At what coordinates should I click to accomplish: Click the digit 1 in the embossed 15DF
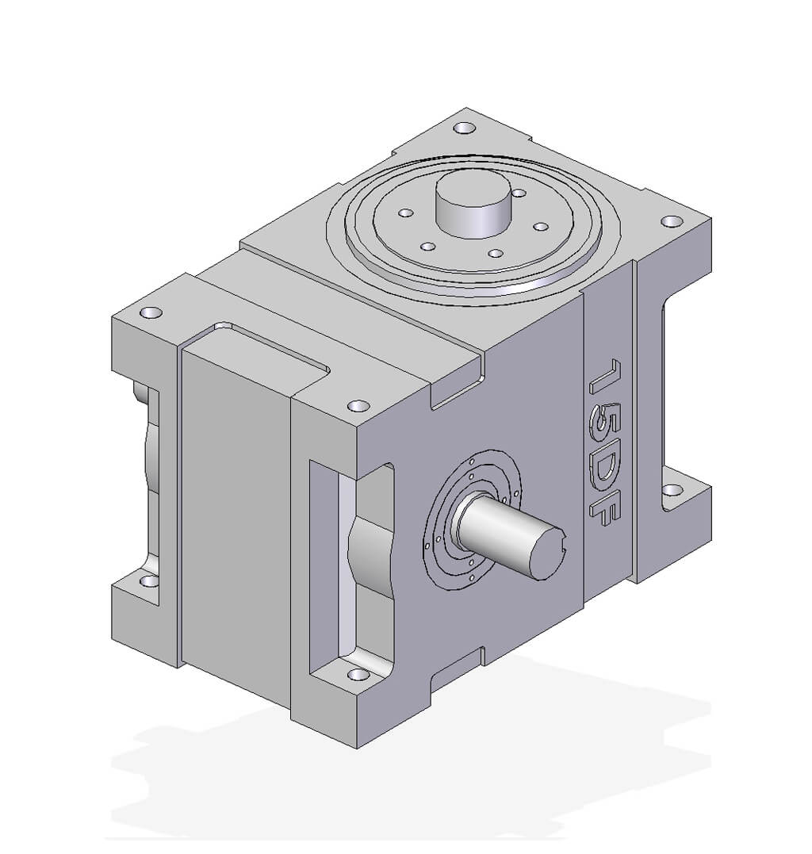[606, 377]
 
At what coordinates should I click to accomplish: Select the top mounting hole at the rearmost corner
[465, 128]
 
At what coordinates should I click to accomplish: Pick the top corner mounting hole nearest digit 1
[672, 221]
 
